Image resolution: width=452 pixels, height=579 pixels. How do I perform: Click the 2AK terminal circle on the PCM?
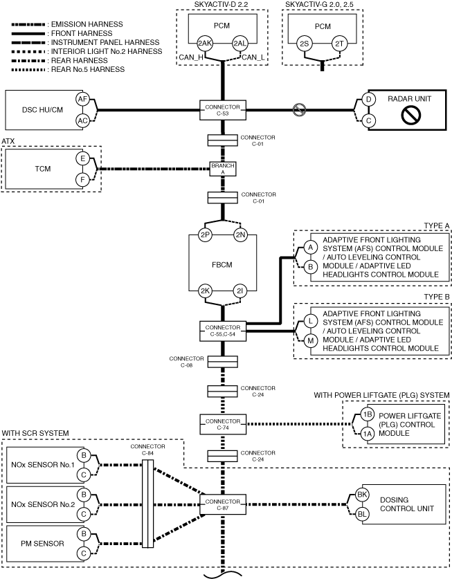click(x=204, y=43)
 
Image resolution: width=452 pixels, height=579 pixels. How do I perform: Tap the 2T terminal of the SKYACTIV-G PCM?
click(x=339, y=44)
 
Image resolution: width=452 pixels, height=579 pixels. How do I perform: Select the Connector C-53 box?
click(x=223, y=110)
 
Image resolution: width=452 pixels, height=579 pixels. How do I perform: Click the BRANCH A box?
click(x=223, y=169)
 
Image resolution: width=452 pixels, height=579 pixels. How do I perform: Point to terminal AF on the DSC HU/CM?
click(x=82, y=99)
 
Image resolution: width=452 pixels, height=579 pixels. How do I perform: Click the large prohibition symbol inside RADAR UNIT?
click(x=410, y=116)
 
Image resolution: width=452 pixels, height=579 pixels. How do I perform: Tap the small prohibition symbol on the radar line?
click(x=299, y=110)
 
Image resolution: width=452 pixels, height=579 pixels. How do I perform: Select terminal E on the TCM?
click(x=83, y=159)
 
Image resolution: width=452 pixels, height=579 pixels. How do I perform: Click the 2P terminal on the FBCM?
click(x=205, y=235)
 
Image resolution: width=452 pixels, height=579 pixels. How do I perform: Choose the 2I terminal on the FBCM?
click(x=240, y=291)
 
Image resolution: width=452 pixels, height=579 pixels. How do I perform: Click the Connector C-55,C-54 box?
click(x=223, y=331)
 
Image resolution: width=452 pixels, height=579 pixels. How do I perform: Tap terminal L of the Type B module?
click(x=311, y=321)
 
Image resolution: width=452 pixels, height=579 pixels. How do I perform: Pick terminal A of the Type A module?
click(x=311, y=248)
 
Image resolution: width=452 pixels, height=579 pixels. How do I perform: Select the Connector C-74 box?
click(x=223, y=424)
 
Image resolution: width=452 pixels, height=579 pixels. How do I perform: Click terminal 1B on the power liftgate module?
click(x=367, y=414)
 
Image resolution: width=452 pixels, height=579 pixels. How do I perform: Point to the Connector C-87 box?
click(x=223, y=504)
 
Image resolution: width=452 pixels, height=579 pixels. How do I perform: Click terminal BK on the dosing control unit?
click(x=362, y=495)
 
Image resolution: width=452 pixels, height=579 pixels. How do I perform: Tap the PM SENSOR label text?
click(x=42, y=544)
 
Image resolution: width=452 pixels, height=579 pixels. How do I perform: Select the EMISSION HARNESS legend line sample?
click(x=28, y=25)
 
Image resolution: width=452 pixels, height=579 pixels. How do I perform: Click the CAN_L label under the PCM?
click(x=253, y=57)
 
